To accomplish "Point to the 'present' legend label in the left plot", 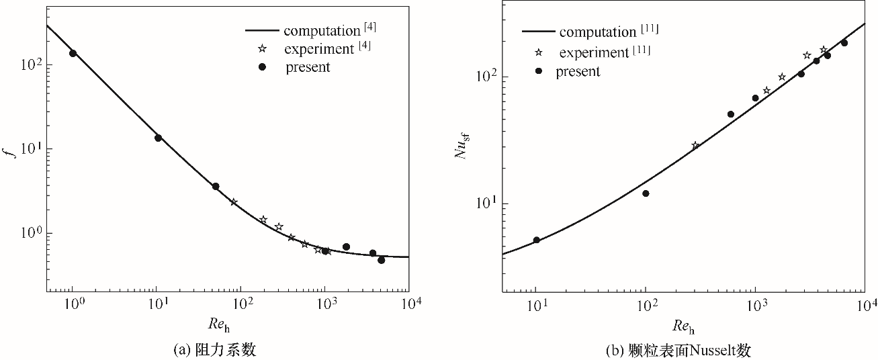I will (308, 67).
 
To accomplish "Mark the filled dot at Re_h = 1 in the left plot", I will (73, 53).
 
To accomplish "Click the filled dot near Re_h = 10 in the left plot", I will (158, 138).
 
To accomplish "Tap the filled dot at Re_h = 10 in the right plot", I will (536, 240).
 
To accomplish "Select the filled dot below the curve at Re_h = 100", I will (646, 193).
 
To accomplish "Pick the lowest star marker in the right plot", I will (695, 145).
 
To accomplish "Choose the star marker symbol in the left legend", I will (263, 48).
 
